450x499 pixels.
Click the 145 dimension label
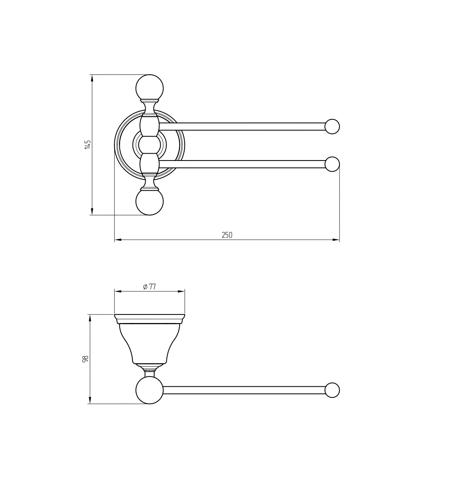pos(88,144)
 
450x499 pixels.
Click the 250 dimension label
pos(227,235)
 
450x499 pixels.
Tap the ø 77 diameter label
pos(149,287)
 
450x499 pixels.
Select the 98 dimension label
pos(85,359)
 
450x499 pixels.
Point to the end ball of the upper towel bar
pos(332,127)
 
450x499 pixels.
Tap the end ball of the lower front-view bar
pos(332,164)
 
